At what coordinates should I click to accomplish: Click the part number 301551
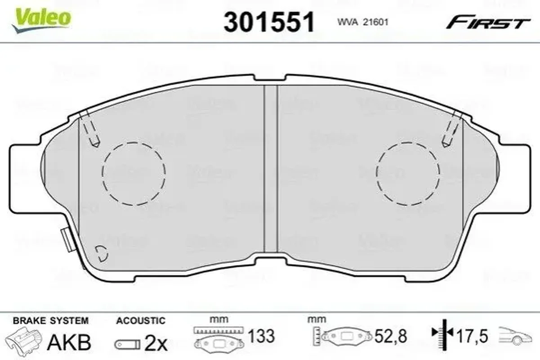click(x=269, y=22)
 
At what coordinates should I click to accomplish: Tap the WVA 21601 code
click(x=363, y=22)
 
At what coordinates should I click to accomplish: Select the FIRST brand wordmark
click(x=488, y=23)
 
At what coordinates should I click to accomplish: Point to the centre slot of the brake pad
click(x=271, y=169)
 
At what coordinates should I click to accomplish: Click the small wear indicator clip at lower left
click(x=67, y=240)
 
